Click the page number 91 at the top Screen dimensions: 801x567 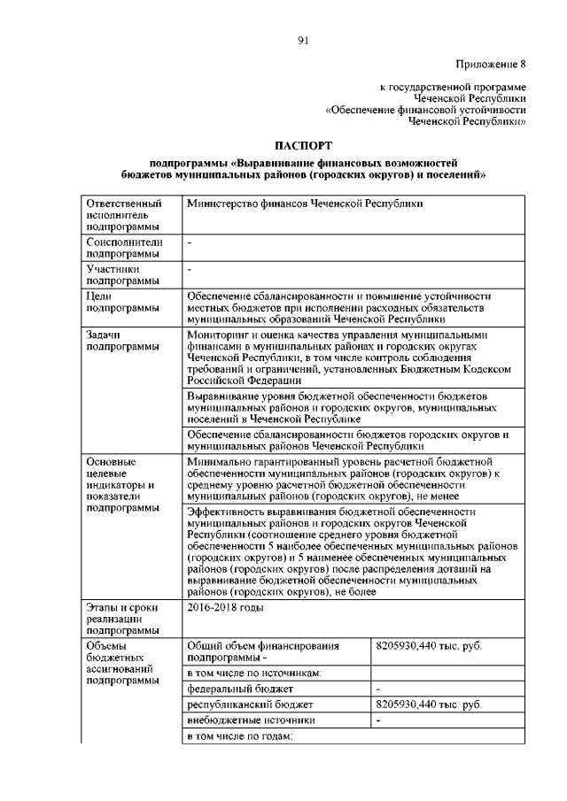coord(301,38)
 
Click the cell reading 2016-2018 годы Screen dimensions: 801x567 coord(226,608)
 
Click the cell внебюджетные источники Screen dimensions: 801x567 coord(245,720)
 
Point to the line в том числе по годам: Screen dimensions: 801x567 coord(239,736)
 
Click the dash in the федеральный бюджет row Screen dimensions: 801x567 coord(378,688)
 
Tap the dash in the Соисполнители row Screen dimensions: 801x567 coord(190,241)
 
